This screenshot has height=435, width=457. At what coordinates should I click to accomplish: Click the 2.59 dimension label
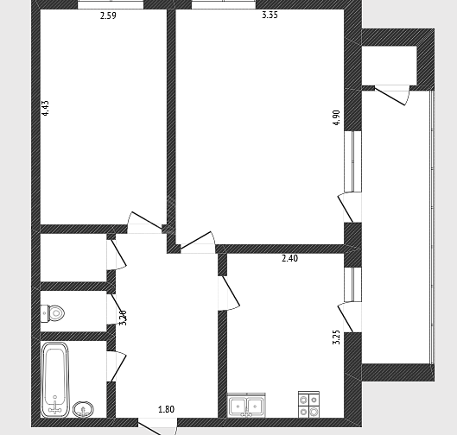pyautogui.click(x=108, y=16)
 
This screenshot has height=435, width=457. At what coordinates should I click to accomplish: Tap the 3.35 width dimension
pyautogui.click(x=270, y=15)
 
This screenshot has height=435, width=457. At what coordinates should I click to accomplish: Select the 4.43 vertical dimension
pyautogui.click(x=45, y=108)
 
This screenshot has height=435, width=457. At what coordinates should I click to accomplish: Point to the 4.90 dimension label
pyautogui.click(x=336, y=117)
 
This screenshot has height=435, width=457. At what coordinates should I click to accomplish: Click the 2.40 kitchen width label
pyautogui.click(x=289, y=258)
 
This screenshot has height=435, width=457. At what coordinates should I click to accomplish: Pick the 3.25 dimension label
pyautogui.click(x=336, y=337)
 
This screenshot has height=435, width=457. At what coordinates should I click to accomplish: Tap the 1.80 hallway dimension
pyautogui.click(x=166, y=409)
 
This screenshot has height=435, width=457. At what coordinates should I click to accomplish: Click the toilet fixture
pyautogui.click(x=53, y=313)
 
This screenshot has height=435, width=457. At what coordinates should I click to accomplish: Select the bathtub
pyautogui.click(x=55, y=380)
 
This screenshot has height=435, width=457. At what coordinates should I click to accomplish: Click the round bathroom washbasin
pyautogui.click(x=83, y=409)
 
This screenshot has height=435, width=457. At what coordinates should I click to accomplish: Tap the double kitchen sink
pyautogui.click(x=246, y=405)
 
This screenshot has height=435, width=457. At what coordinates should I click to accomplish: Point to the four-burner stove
pyautogui.click(x=308, y=405)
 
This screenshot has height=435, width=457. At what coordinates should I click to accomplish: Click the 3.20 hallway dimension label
pyautogui.click(x=124, y=318)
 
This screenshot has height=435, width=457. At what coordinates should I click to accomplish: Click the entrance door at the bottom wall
pyautogui.click(x=157, y=427)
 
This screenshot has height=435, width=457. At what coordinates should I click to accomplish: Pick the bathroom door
pyautogui.click(x=117, y=366)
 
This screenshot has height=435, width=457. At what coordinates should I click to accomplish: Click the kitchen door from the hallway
pyautogui.click(x=229, y=293)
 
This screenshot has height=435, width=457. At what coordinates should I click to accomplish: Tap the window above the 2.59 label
pyautogui.click(x=111, y=4)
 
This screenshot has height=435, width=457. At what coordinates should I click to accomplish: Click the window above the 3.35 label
pyautogui.click(x=224, y=4)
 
